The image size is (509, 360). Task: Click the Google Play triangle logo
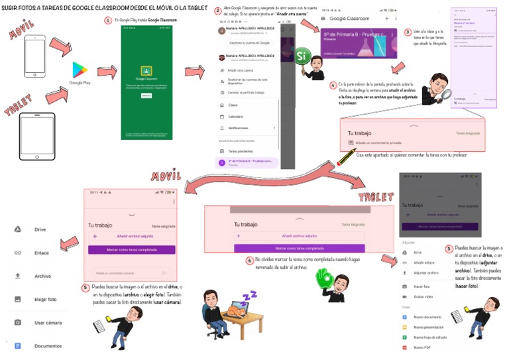[80, 70]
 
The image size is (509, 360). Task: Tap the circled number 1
[108, 21]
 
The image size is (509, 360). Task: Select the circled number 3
[408, 32]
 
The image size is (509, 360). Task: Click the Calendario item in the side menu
[237, 116]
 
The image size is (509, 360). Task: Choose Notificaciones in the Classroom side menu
[240, 127]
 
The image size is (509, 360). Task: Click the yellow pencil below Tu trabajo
[346, 158]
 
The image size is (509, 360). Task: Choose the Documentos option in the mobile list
[48, 345]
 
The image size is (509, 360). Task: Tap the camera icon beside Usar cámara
[18, 322]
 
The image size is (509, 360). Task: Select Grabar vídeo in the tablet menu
[424, 296]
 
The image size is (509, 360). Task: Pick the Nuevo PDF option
[422, 347]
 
